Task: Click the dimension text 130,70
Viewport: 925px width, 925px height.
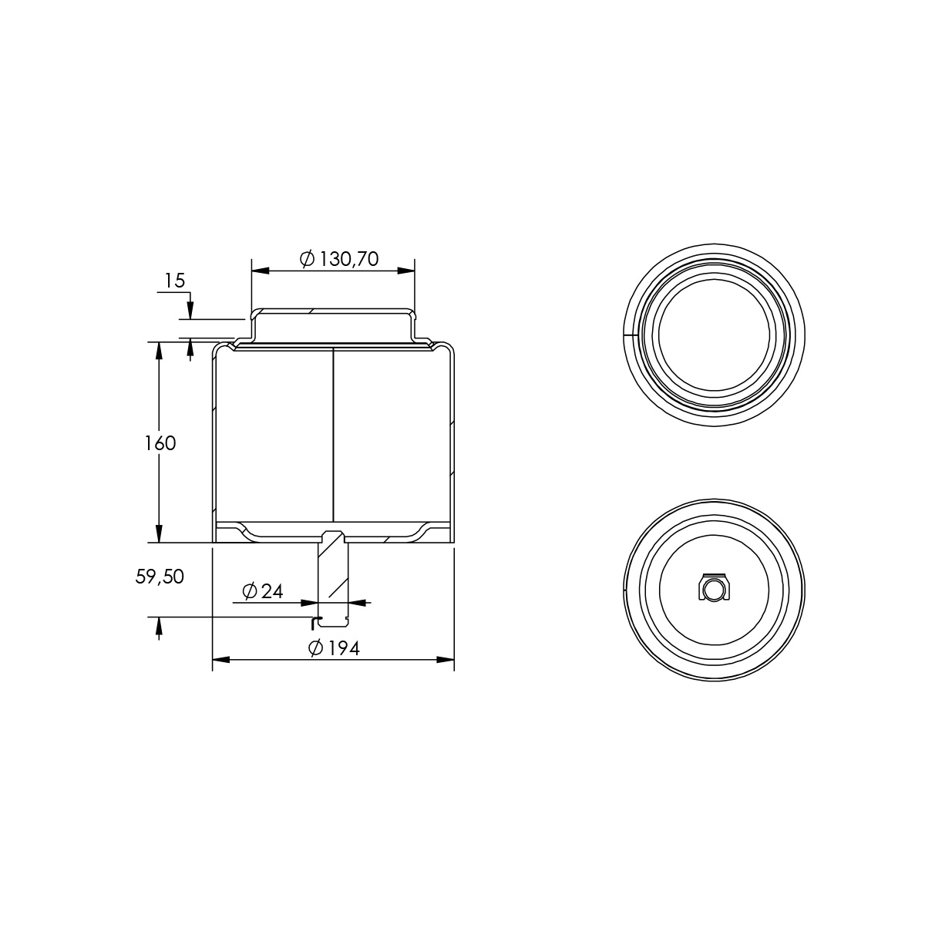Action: (x=349, y=259)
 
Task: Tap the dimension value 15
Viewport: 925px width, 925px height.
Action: (x=175, y=281)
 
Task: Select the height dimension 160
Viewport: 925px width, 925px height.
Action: (x=160, y=443)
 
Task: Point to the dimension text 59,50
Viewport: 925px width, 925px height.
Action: (x=160, y=577)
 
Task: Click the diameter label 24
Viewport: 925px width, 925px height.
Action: (x=272, y=591)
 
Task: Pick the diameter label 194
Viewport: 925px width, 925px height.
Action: (x=344, y=648)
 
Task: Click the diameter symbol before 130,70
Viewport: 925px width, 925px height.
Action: (x=308, y=259)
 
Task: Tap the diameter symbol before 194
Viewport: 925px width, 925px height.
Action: (x=315, y=648)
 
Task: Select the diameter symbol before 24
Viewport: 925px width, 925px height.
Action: (x=250, y=591)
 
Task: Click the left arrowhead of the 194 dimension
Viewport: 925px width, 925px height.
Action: (x=220, y=660)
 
